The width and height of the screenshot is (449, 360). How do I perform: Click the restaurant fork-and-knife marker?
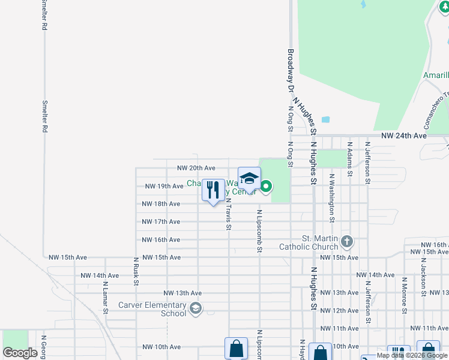(213, 190)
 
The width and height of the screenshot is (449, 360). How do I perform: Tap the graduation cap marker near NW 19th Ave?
(249, 178)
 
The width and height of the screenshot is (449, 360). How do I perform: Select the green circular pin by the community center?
(266, 188)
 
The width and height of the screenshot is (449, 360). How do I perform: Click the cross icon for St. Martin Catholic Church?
(346, 242)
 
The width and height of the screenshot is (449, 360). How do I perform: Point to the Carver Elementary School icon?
(195, 308)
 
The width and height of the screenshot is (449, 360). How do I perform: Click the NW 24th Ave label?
(404, 136)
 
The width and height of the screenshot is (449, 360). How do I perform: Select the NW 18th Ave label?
(160, 204)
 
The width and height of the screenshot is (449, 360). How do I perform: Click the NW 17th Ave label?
(160, 222)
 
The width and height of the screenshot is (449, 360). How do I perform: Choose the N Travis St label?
(229, 214)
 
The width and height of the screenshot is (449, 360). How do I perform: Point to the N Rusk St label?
(137, 271)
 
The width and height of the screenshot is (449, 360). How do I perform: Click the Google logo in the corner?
(20, 353)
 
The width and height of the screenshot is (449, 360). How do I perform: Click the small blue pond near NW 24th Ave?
(326, 119)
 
